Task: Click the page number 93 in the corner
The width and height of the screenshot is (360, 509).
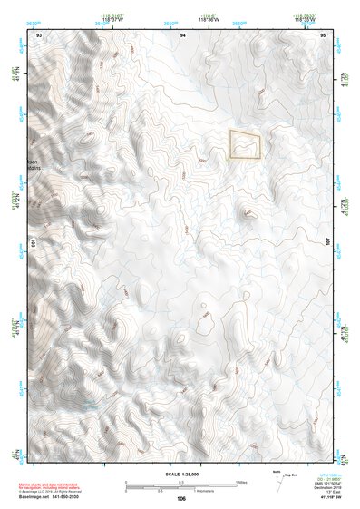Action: [x=38, y=34]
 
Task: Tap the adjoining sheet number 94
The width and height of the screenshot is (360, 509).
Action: [x=182, y=34]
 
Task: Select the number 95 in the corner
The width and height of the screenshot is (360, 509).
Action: [x=323, y=34]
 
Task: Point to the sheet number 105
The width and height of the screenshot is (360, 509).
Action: [x=32, y=243]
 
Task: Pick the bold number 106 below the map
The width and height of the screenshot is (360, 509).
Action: [x=181, y=498]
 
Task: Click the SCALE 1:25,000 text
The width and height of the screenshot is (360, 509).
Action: [x=181, y=474]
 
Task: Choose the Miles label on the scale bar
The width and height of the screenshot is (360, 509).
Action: [x=241, y=481]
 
